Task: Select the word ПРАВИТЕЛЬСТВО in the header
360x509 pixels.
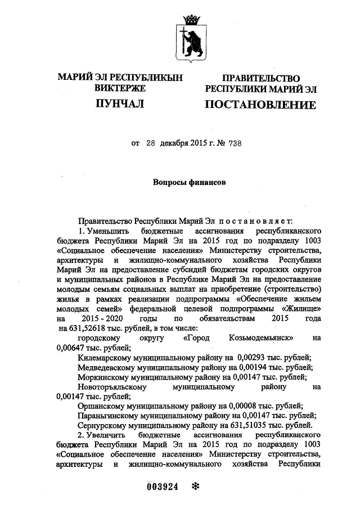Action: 260,79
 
